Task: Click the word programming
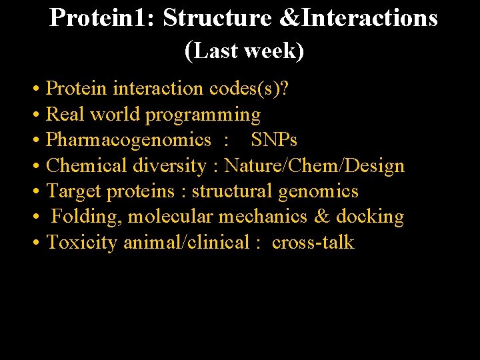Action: click(x=203, y=115)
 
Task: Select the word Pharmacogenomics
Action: click(x=129, y=140)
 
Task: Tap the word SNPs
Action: click(x=273, y=140)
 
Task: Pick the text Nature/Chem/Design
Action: click(x=314, y=165)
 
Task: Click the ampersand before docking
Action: click(x=321, y=217)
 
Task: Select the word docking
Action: click(x=370, y=217)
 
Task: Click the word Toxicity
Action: click(x=82, y=243)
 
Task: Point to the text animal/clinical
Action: click(x=186, y=242)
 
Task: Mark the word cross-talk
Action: click(x=313, y=242)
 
